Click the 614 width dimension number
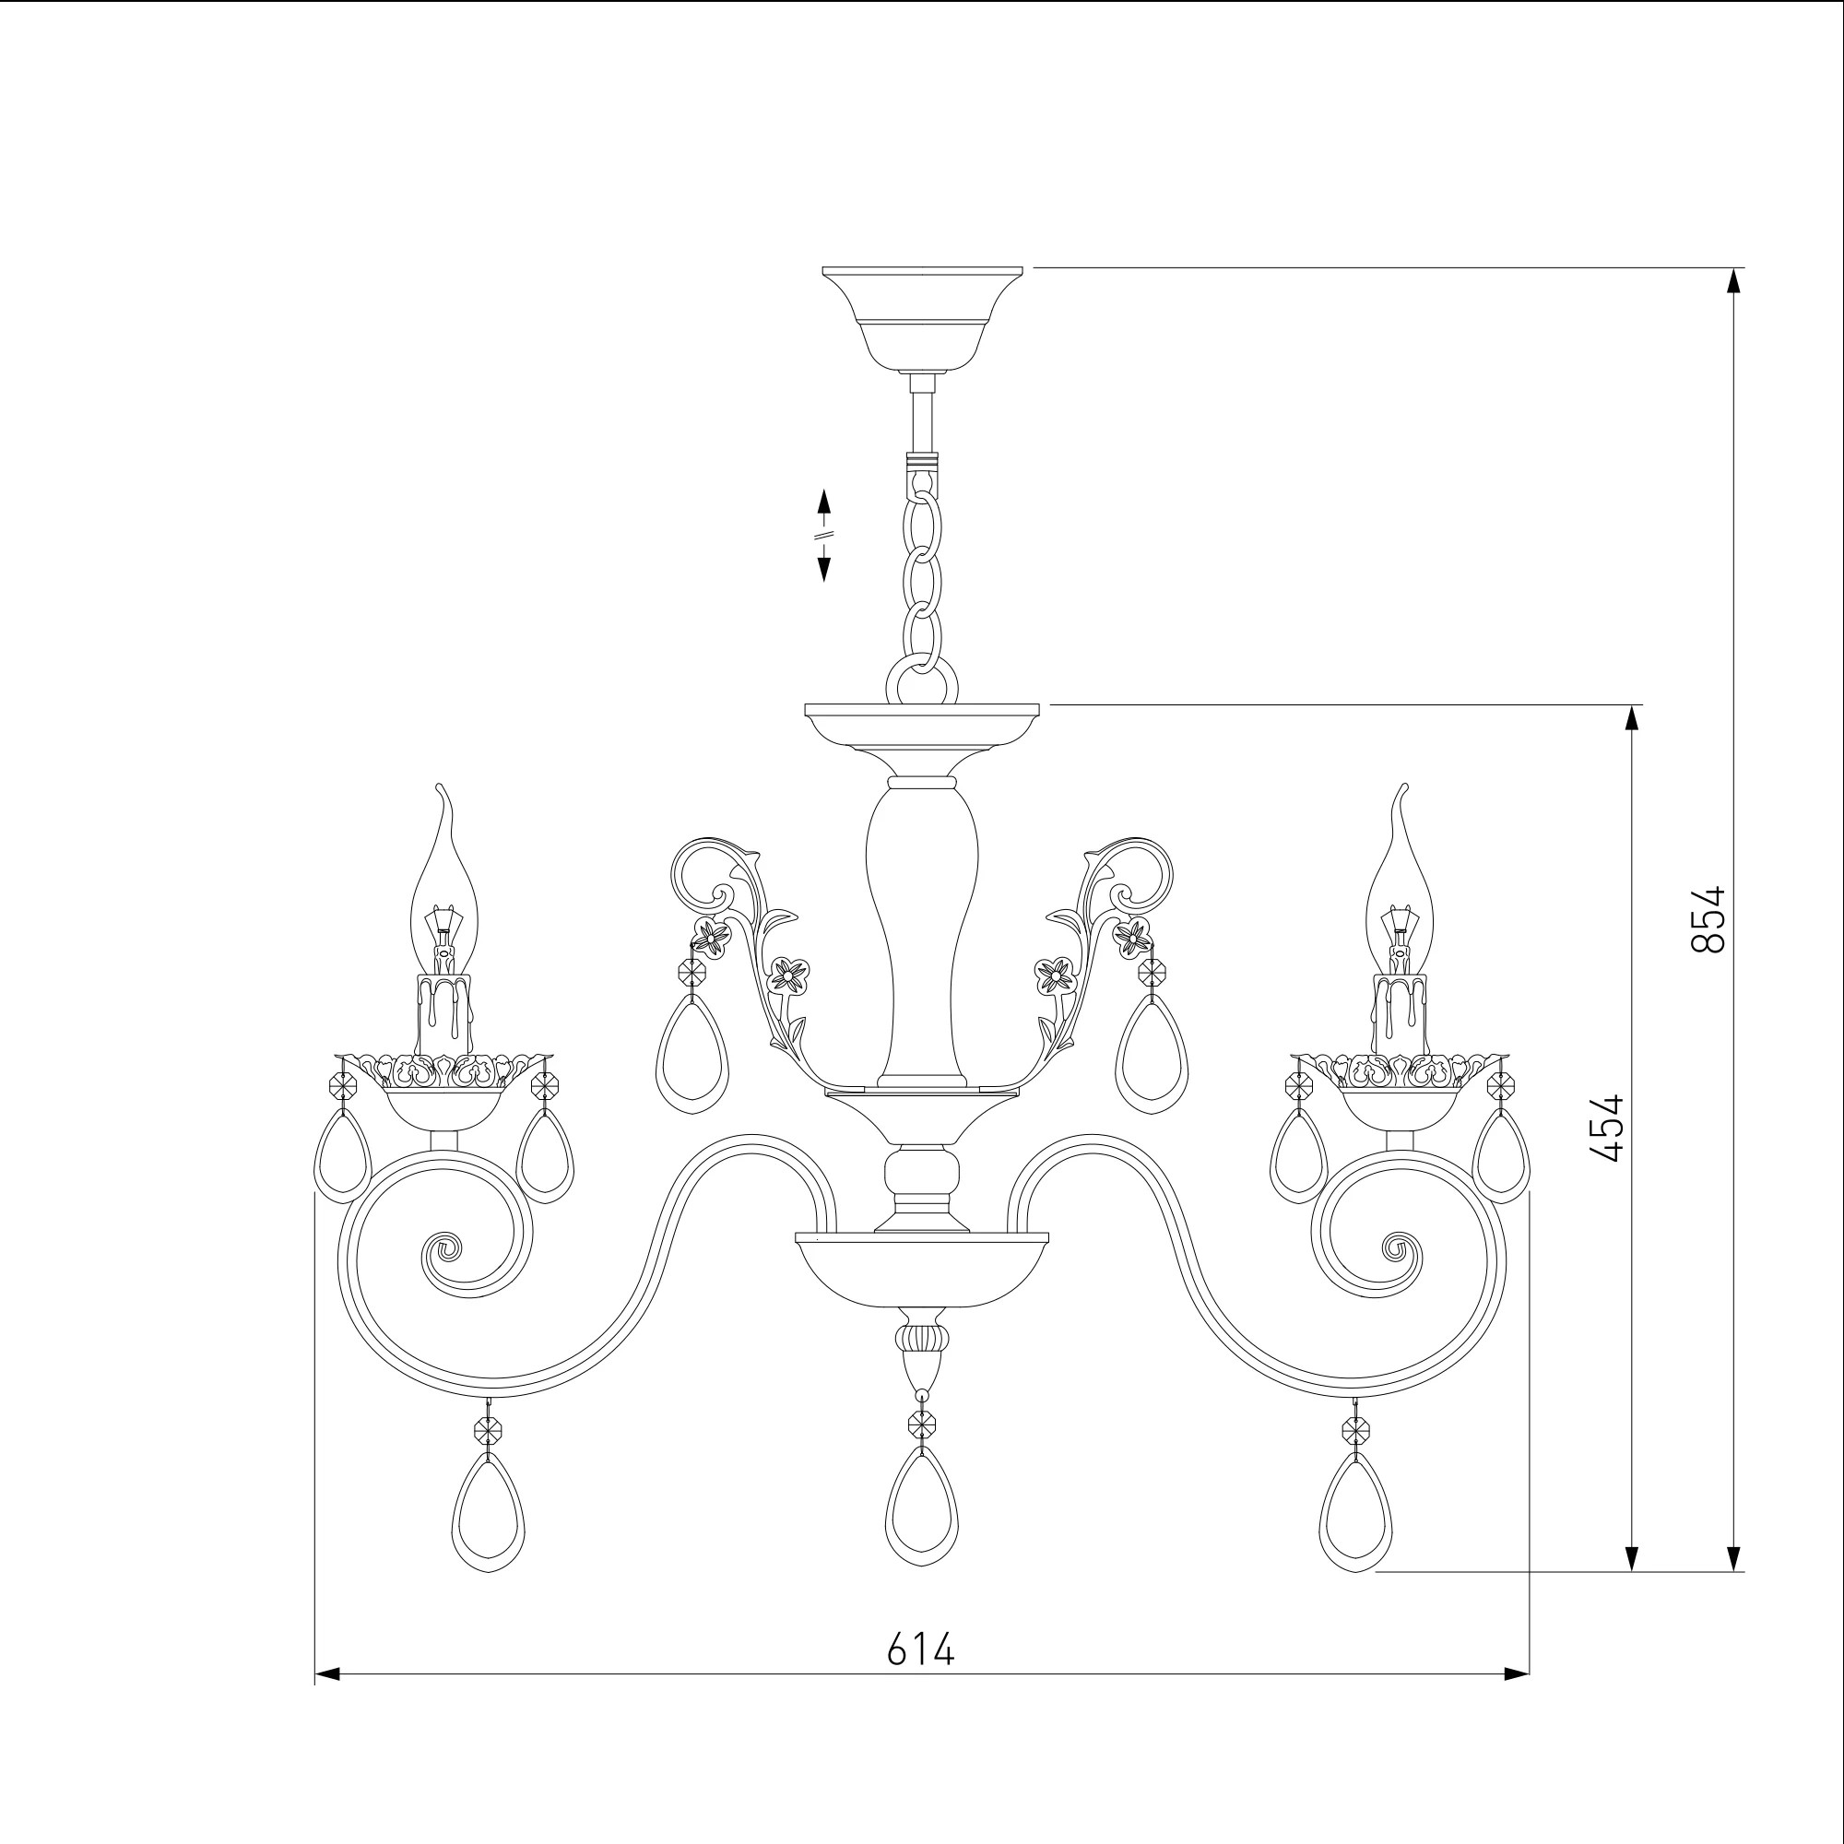pyautogui.click(x=920, y=1649)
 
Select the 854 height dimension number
pyautogui.click(x=1708, y=920)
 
